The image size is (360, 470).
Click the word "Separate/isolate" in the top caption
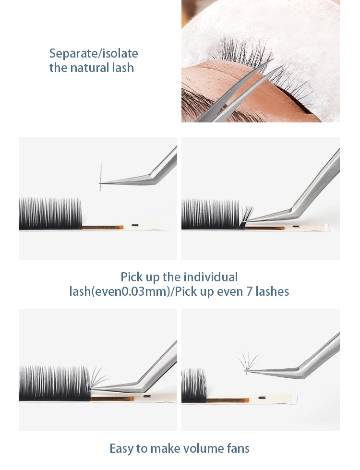pos(94,53)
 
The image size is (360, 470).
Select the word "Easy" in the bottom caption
pos(122,449)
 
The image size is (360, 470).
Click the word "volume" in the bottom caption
pos(197,449)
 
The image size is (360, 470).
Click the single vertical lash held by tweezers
pos(101,177)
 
